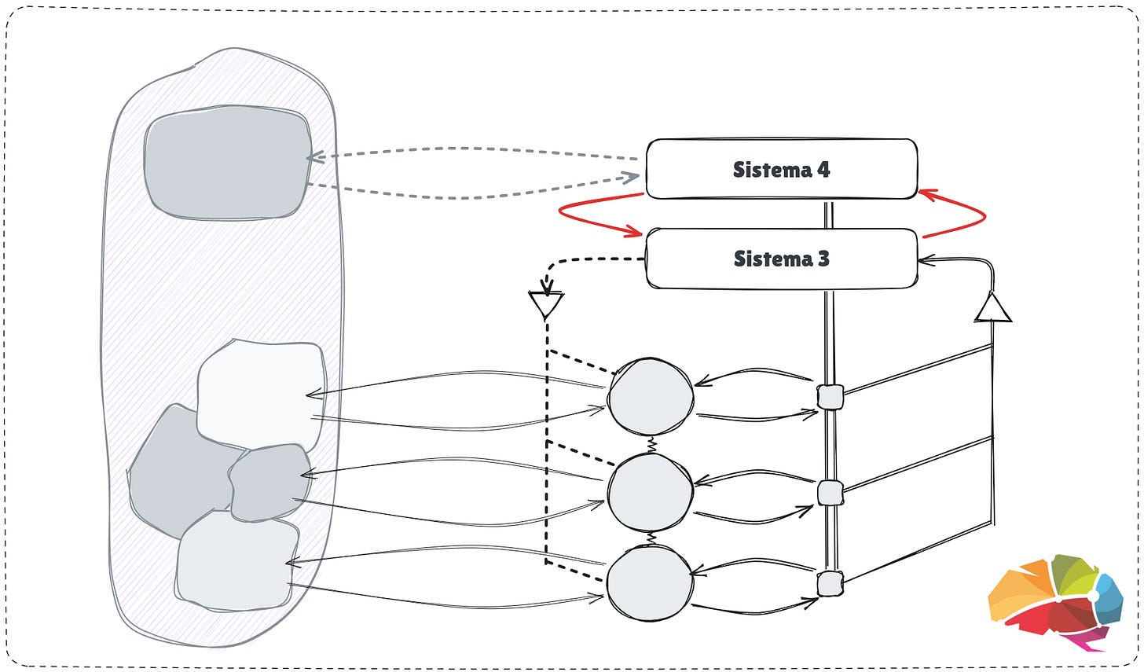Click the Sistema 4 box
click(781, 169)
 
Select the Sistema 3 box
click(781, 259)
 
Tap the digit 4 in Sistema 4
click(823, 169)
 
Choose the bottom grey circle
click(650, 583)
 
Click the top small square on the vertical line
click(830, 397)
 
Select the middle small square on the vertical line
click(830, 494)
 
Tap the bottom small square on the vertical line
click(830, 584)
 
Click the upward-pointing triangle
click(993, 308)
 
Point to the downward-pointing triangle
click(546, 304)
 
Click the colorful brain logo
click(1055, 601)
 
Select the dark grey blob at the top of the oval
click(227, 163)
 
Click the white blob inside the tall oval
click(262, 391)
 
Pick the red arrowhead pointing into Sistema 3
click(637, 233)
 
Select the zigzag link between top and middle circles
click(651, 445)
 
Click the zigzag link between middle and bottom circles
click(651, 538)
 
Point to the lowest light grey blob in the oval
click(236, 561)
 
